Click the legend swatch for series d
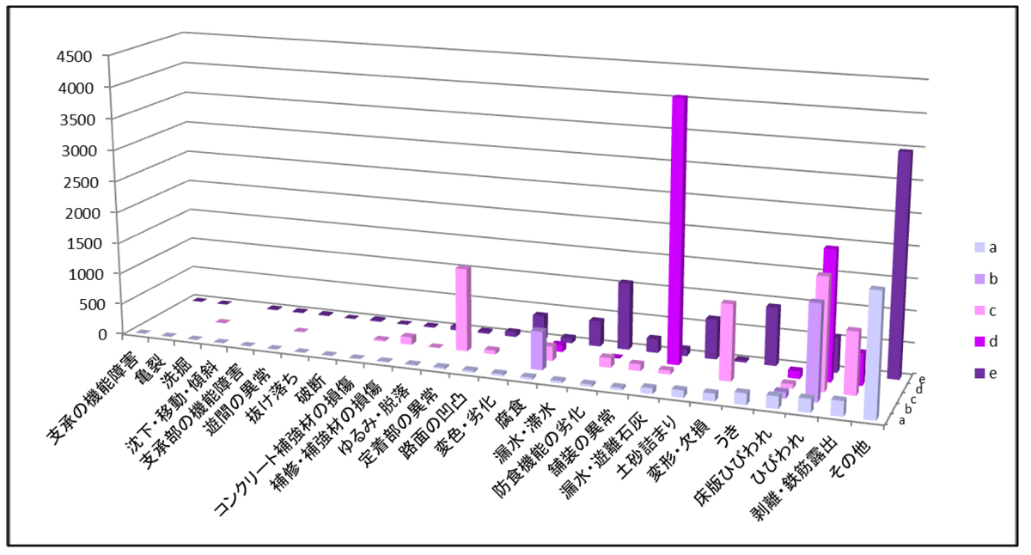click(968, 342)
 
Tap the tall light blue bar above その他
click(875, 352)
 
